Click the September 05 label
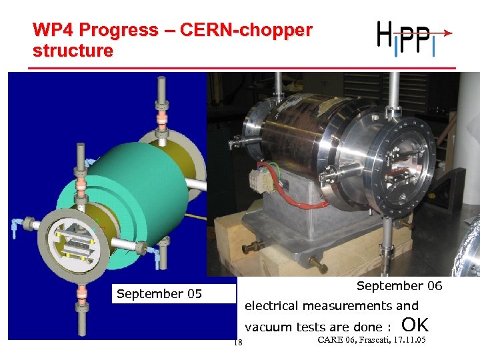tap(159, 294)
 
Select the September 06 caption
tap(399, 286)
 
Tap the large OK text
tap(415, 325)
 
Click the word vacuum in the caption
tap(269, 327)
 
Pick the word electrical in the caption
tap(272, 306)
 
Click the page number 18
tap(237, 343)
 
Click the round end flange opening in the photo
tap(404, 167)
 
